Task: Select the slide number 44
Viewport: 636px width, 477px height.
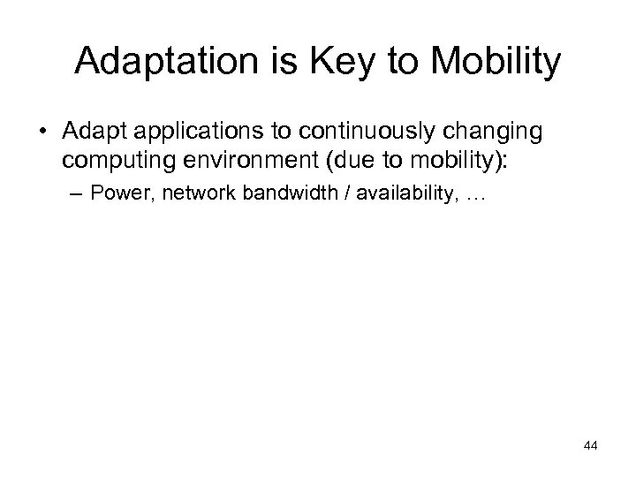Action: point(591,446)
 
